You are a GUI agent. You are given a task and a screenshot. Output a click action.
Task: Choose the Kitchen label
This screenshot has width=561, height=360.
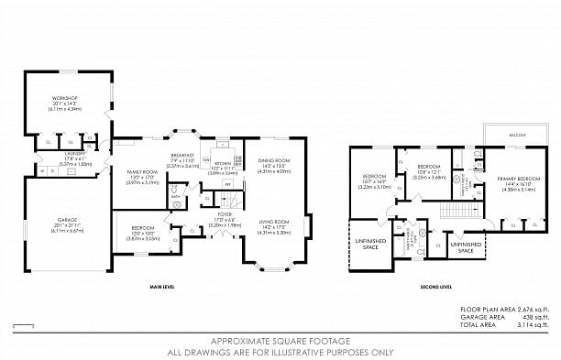pyautogui.click(x=224, y=165)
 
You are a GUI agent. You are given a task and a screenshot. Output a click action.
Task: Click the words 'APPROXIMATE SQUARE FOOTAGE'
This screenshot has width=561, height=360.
pyautogui.click(x=279, y=340)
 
